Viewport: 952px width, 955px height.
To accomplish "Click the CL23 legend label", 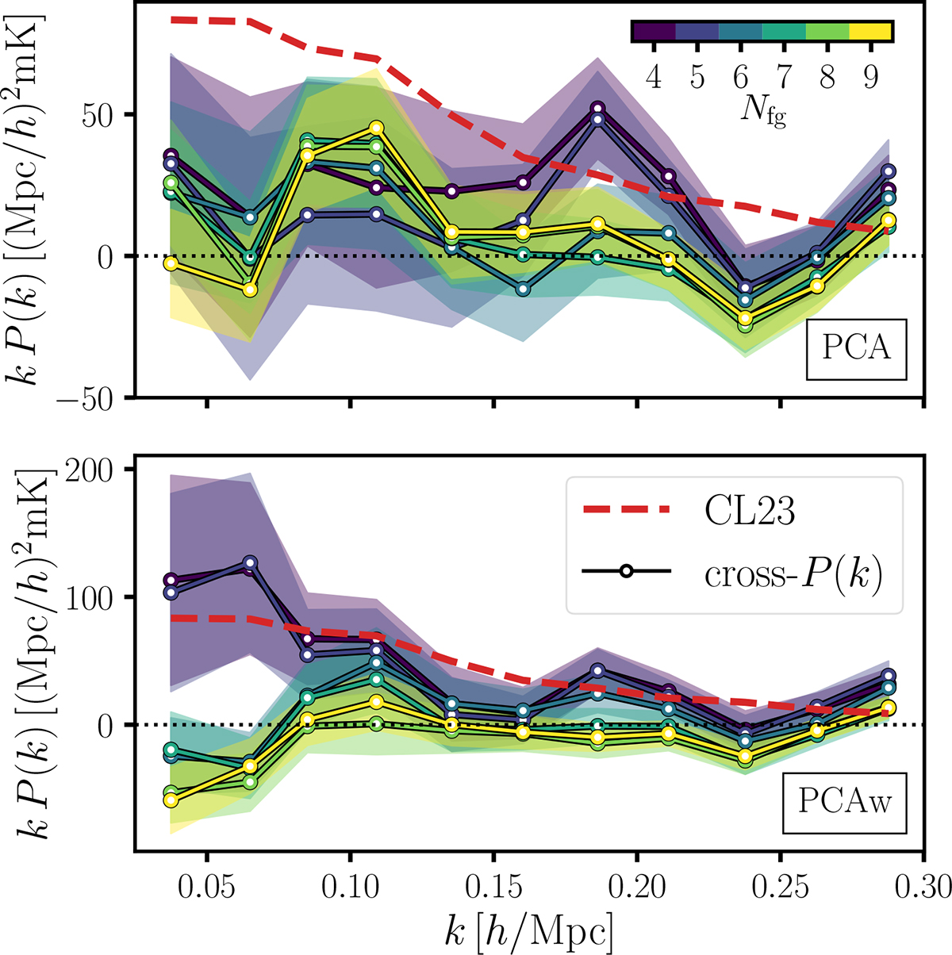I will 749,512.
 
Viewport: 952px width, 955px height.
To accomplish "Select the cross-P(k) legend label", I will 793,573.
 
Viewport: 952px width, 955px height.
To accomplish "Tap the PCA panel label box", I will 857,349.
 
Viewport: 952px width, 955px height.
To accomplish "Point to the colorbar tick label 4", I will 654,78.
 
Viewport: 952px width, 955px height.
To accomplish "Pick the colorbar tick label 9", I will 871,78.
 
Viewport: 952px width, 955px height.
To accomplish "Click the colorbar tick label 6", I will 740,78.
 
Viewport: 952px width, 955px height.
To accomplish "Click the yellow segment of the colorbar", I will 871,31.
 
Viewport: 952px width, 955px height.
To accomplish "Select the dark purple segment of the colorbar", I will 654,31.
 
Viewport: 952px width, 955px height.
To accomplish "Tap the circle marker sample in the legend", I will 627,572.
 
